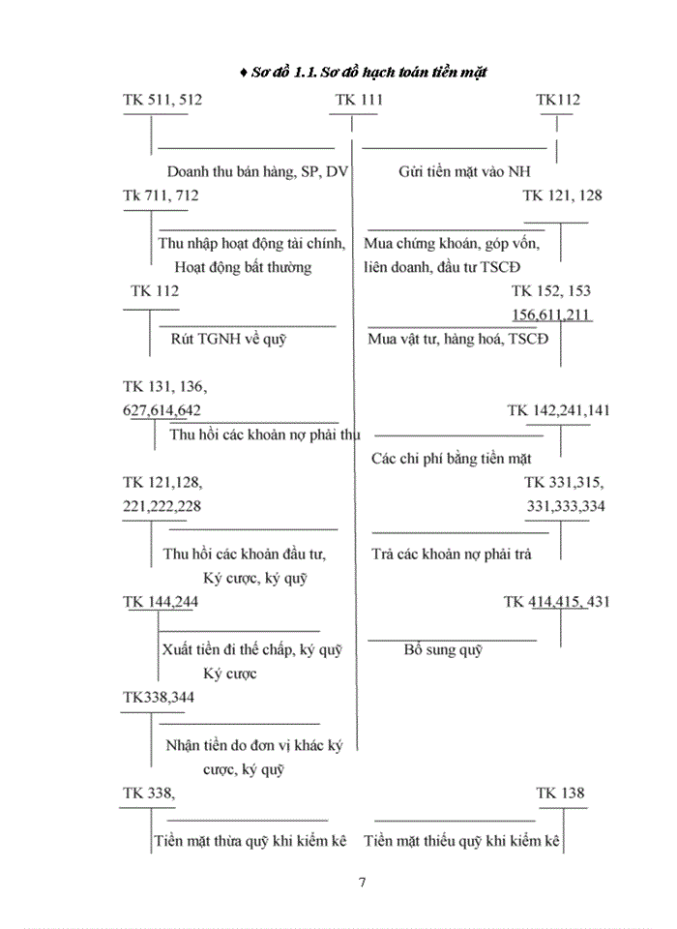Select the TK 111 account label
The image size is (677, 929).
click(x=359, y=100)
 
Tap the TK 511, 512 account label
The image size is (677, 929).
click(x=163, y=100)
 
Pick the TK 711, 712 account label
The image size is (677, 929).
click(x=161, y=195)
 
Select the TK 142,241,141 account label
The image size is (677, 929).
click(x=558, y=410)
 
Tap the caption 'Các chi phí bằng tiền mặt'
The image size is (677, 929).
click(x=451, y=458)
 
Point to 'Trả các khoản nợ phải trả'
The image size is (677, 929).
click(x=451, y=554)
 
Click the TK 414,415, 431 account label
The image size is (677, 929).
click(x=556, y=602)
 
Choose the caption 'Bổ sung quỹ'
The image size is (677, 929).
click(x=443, y=649)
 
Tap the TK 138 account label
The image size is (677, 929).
click(x=561, y=794)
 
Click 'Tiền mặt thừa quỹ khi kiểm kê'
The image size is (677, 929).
click(x=250, y=841)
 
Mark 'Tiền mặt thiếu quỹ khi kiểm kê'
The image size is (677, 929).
click(x=463, y=841)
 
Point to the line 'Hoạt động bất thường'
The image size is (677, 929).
click(x=243, y=267)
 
